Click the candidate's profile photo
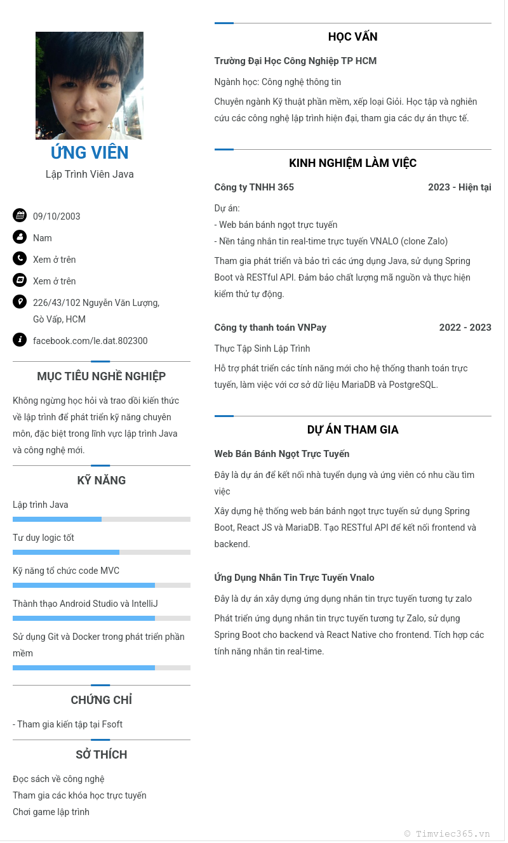(90, 86)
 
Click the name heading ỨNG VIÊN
(90, 153)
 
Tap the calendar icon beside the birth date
(20, 215)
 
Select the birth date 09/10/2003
(57, 216)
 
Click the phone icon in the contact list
(20, 258)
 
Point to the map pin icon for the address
(20, 302)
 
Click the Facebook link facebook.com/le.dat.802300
(90, 341)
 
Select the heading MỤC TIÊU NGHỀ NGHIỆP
(102, 376)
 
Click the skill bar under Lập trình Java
(102, 519)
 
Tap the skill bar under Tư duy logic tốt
(102, 552)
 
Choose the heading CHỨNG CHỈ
(102, 700)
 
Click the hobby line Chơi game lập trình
(51, 812)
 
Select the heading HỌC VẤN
(353, 37)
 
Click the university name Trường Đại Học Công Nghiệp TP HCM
(295, 61)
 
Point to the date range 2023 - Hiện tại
(459, 187)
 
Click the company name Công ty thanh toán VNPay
(271, 328)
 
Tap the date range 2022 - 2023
(465, 328)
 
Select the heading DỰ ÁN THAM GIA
(353, 430)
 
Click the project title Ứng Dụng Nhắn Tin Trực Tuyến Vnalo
(294, 578)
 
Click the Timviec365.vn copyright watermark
(447, 833)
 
